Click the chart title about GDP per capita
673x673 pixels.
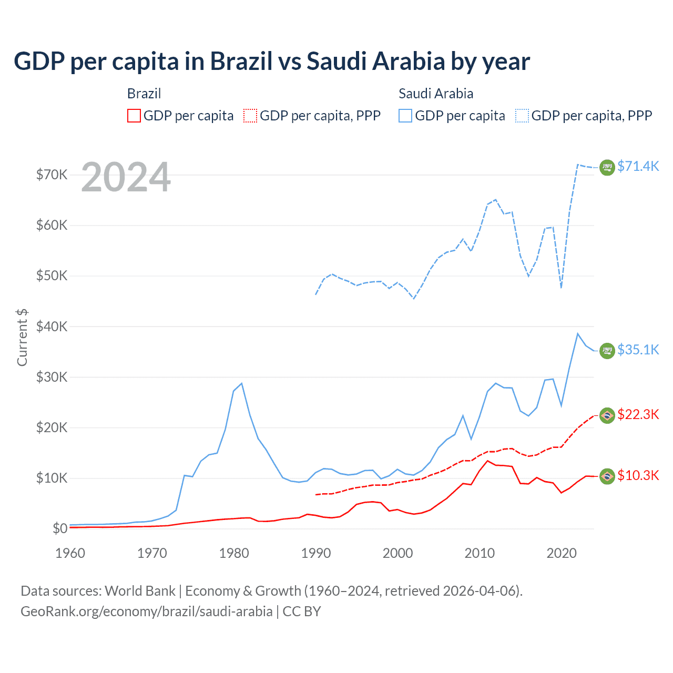point(271,62)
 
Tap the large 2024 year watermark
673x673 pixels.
point(126,177)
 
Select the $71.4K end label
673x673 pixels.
point(638,166)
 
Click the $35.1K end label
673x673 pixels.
point(638,350)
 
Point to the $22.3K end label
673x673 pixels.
point(638,414)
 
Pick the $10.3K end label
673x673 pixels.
point(638,475)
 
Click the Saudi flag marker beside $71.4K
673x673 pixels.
point(607,167)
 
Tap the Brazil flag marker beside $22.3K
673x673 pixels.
point(607,415)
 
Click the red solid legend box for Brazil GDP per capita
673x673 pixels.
point(134,116)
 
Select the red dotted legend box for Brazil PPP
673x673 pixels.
point(250,116)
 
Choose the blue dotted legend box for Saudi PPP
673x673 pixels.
point(522,116)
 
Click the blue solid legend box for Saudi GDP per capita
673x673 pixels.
point(405,116)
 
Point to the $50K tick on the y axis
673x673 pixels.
point(52,276)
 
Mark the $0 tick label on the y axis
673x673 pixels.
point(59,528)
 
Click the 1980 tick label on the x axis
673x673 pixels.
point(234,553)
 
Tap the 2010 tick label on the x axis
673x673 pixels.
point(480,553)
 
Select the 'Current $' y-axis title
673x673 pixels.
point(22,337)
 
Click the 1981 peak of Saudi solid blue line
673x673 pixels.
point(241,383)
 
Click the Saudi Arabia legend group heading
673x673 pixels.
point(436,94)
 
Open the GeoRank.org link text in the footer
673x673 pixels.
point(146,611)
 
